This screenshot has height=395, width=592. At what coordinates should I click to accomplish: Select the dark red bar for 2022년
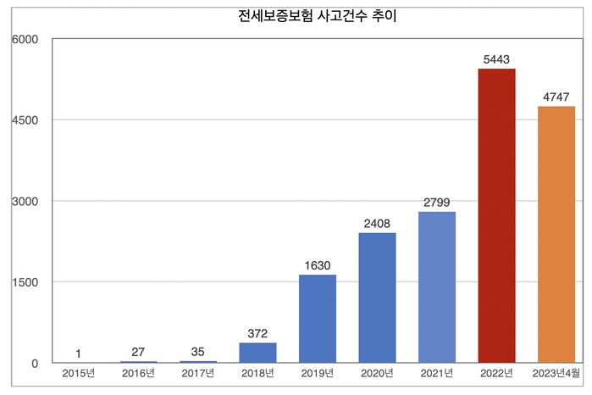coord(496,215)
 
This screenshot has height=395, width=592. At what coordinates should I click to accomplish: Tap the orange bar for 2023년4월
coord(556,234)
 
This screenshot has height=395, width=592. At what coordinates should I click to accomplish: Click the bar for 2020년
coord(377,298)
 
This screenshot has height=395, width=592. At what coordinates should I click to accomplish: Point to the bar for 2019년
coord(318,319)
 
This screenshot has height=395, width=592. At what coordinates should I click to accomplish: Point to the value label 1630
coord(318,264)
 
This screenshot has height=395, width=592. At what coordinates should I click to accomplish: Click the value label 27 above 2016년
coord(138,351)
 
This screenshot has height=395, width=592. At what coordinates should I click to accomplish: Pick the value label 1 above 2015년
coord(78,353)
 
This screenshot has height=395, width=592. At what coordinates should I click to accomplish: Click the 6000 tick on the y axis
coord(25,39)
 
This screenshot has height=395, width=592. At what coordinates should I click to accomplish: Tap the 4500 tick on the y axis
coord(25,120)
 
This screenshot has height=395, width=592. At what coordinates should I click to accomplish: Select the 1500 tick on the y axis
coord(25,282)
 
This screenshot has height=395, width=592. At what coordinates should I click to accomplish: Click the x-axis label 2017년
coord(198,373)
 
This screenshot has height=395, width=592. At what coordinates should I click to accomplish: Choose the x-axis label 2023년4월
coord(556,373)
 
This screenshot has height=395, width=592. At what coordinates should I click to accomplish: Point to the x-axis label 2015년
coord(78,373)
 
